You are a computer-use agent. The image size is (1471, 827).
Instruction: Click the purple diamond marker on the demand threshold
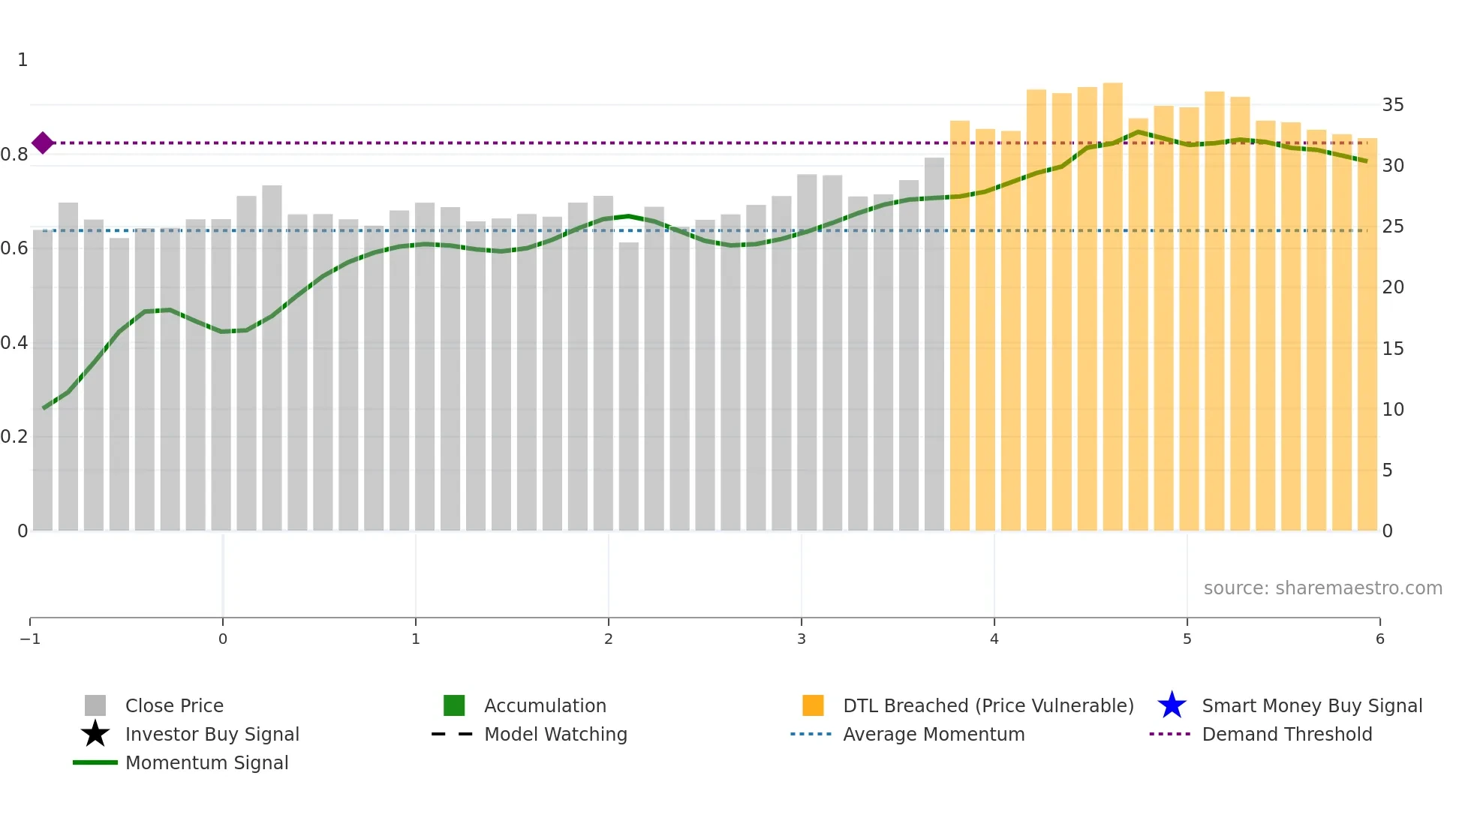coord(43,143)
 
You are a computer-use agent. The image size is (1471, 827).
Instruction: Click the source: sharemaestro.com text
coord(1322,588)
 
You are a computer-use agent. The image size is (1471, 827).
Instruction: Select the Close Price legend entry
coord(174,705)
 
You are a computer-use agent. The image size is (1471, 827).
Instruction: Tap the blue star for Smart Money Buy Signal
coord(1172,705)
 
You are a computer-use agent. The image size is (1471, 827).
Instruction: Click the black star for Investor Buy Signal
coord(95,734)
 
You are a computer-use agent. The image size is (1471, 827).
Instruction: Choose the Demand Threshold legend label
coord(1286,734)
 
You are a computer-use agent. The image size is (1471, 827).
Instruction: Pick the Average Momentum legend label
coord(933,734)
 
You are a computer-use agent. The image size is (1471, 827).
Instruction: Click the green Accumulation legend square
coord(454,705)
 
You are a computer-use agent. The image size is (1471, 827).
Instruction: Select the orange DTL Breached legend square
coord(813,705)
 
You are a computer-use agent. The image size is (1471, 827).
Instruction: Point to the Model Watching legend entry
coord(555,734)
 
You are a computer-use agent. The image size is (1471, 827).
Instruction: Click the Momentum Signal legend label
coord(206,762)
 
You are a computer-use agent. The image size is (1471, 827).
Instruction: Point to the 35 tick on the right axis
coord(1392,105)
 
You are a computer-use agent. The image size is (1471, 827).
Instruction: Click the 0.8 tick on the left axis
coord(14,155)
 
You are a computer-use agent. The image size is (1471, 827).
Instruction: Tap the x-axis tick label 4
coord(994,639)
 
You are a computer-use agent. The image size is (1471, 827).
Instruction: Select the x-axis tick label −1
coord(30,639)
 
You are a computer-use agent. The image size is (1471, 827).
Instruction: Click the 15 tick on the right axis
coord(1392,348)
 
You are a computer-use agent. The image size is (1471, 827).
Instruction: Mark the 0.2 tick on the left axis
coord(14,437)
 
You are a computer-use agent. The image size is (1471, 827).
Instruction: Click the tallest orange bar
coord(1112,308)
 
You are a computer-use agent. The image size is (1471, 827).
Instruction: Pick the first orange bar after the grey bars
coord(959,326)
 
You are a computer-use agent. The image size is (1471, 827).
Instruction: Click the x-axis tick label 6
coord(1379,639)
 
